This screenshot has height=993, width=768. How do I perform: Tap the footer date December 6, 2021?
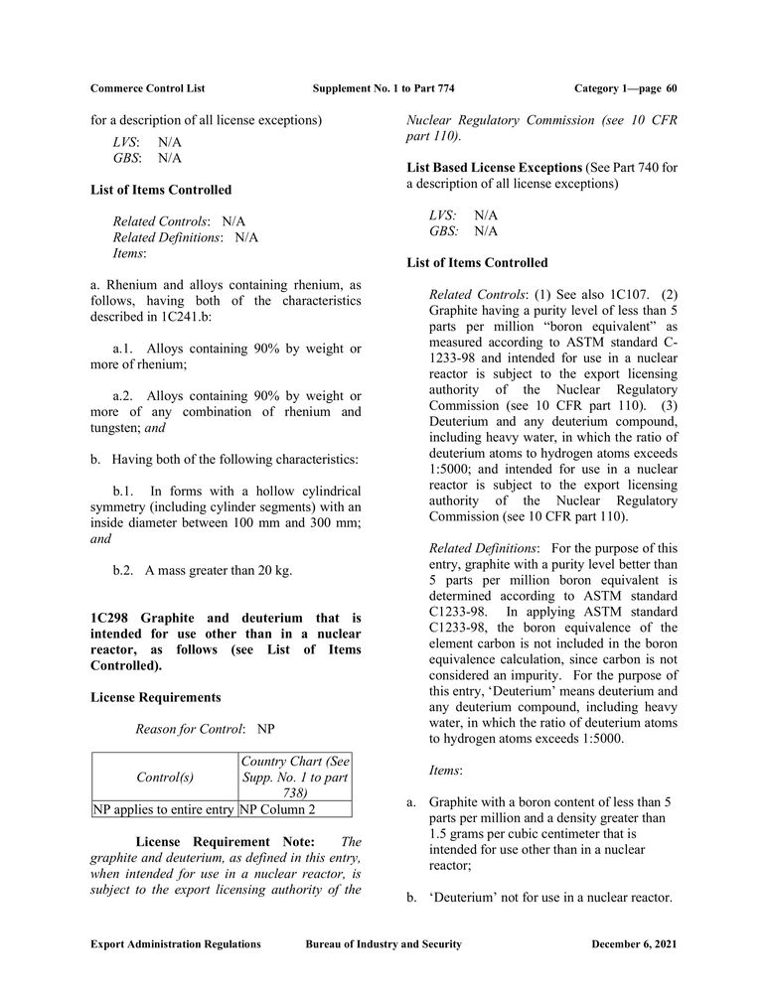[x=634, y=944]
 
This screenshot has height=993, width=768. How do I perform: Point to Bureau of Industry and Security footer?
[x=384, y=944]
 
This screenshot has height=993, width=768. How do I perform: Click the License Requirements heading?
[x=155, y=697]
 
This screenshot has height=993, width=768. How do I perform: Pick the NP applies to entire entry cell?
[x=164, y=809]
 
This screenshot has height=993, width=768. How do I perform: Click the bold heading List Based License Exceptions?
[x=494, y=167]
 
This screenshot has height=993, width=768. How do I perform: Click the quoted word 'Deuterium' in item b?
[x=463, y=898]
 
